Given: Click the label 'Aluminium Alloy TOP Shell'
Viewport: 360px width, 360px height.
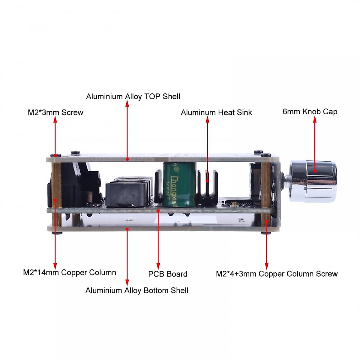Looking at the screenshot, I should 133,97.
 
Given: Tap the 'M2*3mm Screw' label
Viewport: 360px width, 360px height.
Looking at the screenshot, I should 55,112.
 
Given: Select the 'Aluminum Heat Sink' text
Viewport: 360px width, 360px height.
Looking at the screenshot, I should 216,112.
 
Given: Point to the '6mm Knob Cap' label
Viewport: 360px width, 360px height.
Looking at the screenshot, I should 310,112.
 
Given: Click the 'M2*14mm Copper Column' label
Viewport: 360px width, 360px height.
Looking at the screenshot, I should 70,272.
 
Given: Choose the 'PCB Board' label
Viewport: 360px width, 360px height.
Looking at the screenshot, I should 168,274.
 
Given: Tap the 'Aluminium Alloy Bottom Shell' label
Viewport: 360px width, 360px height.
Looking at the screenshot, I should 137,290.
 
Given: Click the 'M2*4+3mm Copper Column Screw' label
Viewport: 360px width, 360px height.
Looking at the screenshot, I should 277,274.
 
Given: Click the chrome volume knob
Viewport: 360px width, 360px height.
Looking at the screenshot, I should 313,181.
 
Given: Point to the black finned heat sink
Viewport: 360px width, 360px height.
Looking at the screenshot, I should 207,189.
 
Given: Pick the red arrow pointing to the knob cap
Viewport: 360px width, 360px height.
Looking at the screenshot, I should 315,144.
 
